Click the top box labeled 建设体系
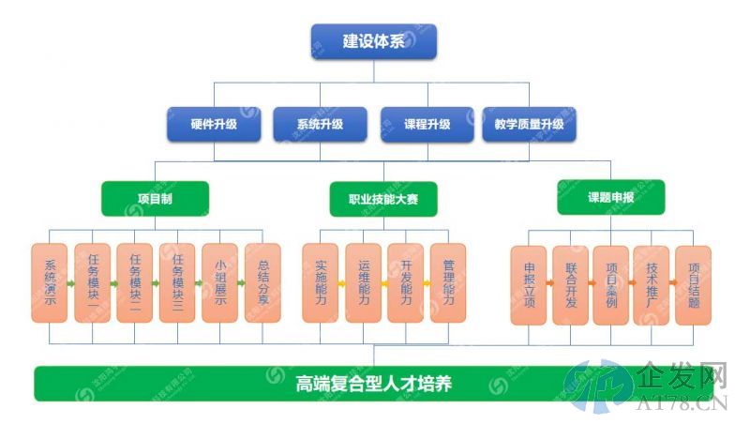pos(373,41)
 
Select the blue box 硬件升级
pos(214,124)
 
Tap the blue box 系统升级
pos(320,124)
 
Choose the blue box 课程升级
pos(427,124)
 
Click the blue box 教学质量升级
pos(529,124)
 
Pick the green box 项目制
pos(155,198)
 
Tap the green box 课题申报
pos(611,198)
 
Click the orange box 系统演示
pos(49,283)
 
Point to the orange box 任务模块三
pos(177,283)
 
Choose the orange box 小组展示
pos(219,283)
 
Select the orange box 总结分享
pos(262,283)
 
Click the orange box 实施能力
pos(321,283)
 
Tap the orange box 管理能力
pos(448,283)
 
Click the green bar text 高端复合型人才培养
pos(374,383)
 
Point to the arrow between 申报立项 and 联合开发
pos(549,281)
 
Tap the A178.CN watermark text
pos(683,404)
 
